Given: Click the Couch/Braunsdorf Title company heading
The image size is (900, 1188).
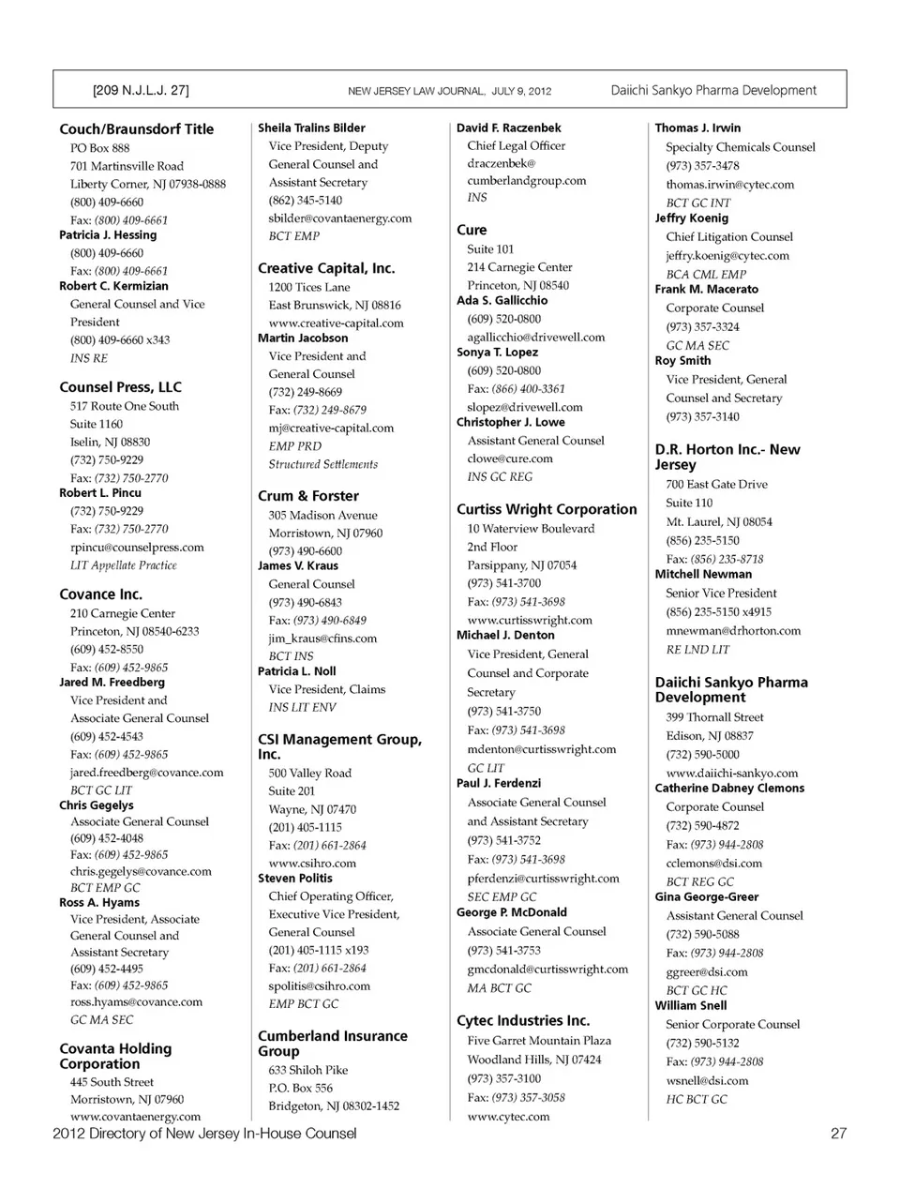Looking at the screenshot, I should [x=136, y=129].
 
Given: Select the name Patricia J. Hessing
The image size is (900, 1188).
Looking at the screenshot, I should [x=108, y=235].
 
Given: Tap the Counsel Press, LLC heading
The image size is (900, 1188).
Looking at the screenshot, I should [x=120, y=387].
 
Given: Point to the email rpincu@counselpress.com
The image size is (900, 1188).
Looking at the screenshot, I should [x=137, y=548].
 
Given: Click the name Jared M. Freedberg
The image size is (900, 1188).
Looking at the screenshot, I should [x=112, y=683].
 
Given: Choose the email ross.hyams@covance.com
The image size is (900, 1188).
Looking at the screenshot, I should [x=136, y=1002].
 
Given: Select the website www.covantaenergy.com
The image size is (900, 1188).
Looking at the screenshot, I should [x=135, y=1117].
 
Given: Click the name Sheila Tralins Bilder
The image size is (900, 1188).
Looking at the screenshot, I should [x=311, y=128].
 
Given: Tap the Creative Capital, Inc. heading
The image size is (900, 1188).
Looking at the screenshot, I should [x=326, y=268].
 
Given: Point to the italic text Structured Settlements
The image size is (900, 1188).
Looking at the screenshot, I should [x=322, y=464].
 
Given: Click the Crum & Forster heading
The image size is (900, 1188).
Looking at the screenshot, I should [x=308, y=496].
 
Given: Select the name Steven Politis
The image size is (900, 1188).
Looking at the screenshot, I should [x=295, y=879].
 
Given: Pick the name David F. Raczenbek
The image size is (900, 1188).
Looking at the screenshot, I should [x=509, y=128].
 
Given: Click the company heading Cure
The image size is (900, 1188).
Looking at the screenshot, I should [x=472, y=230].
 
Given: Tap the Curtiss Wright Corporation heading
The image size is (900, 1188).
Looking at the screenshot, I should [x=547, y=509].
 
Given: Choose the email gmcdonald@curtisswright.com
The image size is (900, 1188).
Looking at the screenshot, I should [x=547, y=970].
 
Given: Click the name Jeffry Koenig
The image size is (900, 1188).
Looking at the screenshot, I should [x=691, y=218].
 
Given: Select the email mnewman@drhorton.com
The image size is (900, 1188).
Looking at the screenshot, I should [x=733, y=631].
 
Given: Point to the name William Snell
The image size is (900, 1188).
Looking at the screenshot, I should [x=691, y=1006].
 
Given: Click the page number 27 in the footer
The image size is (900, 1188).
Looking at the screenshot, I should [x=838, y=1134].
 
